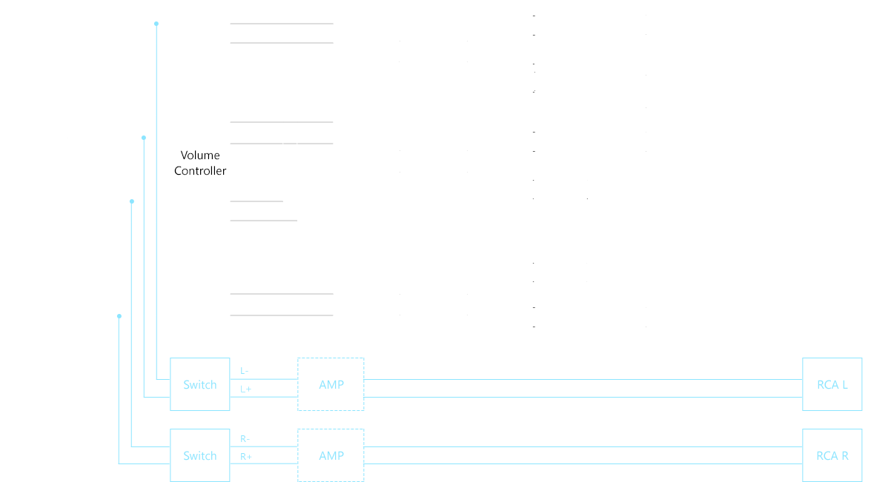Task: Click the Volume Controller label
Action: (x=200, y=163)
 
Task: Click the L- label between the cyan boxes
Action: (x=245, y=370)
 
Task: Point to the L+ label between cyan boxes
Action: (x=245, y=389)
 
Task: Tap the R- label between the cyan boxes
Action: (x=245, y=439)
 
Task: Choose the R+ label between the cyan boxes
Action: (x=246, y=457)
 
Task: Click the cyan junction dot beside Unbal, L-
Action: (x=156, y=24)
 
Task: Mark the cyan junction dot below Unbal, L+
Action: (x=144, y=138)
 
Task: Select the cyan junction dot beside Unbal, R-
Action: (x=131, y=200)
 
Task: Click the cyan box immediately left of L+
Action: (x=200, y=384)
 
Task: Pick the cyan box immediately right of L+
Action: (x=331, y=384)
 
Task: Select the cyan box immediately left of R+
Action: (x=200, y=454)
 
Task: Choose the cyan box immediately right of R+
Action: (x=331, y=454)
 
